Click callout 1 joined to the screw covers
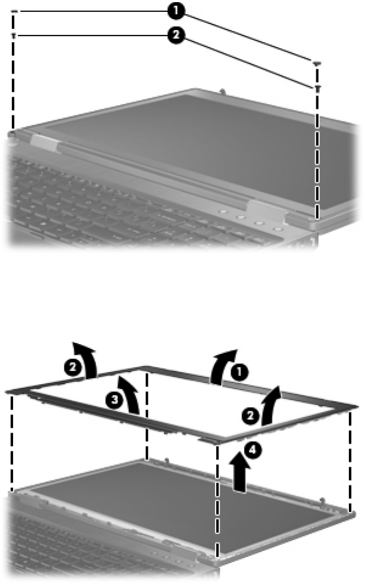pyautogui.click(x=176, y=12)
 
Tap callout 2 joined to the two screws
pyautogui.click(x=176, y=36)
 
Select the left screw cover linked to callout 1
pyautogui.click(x=14, y=12)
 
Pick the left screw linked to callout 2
pyautogui.click(x=14, y=36)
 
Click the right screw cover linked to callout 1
pyautogui.click(x=317, y=63)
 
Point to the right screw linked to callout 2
pyautogui.click(x=317, y=88)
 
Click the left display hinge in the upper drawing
pyautogui.click(x=45, y=143)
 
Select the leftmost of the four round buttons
pyautogui.click(x=223, y=212)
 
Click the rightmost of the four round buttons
pyautogui.click(x=276, y=229)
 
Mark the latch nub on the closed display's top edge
pyautogui.click(x=222, y=90)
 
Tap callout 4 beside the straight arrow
pyautogui.click(x=252, y=450)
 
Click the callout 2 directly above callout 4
pyautogui.click(x=250, y=415)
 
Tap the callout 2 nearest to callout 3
pyautogui.click(x=73, y=368)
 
